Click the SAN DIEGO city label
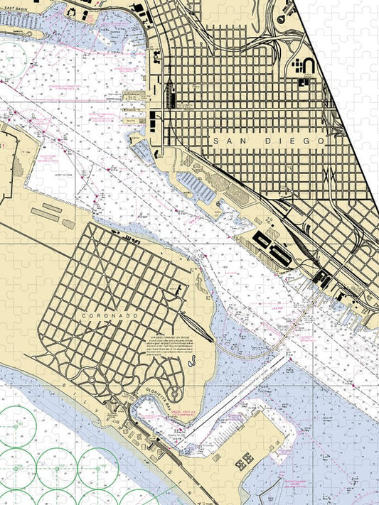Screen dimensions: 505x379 269,141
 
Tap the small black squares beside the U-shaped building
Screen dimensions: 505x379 295,66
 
